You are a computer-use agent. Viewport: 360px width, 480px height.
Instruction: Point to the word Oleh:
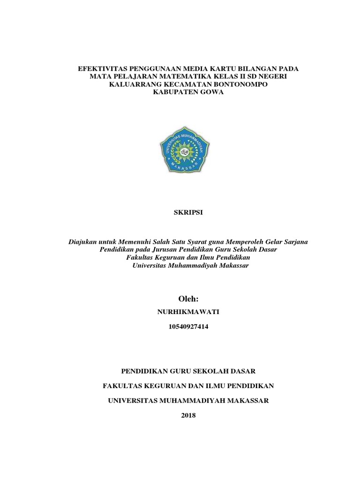188,299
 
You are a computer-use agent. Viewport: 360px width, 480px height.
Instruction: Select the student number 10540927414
188,328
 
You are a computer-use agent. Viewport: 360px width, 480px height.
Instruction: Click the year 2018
188,415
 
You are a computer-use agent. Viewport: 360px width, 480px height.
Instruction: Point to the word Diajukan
82,241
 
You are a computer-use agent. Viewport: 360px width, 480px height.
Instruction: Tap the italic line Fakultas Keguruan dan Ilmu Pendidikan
188,257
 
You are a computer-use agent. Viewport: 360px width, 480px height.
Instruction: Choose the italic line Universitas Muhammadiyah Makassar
190,265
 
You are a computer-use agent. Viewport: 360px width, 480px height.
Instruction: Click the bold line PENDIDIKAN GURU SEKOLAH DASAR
188,371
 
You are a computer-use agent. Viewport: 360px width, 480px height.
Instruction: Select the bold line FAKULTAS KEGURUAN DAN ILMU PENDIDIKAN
188,386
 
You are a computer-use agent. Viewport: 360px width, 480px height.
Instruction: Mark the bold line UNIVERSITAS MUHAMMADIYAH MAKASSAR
188,401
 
